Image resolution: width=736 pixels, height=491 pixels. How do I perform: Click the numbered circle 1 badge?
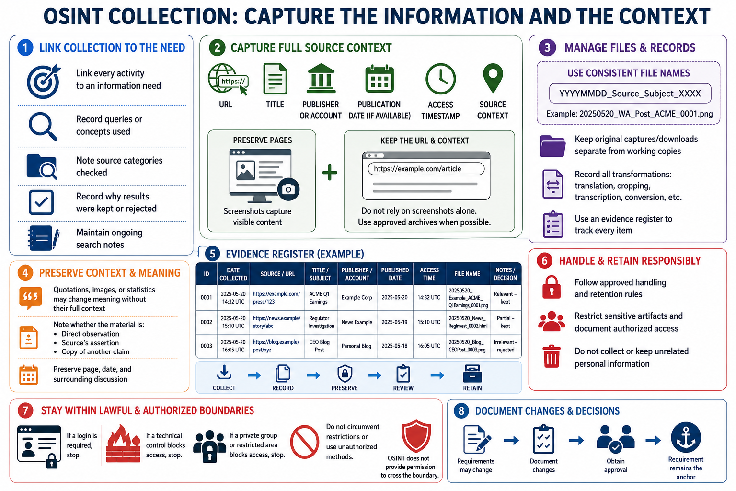coord(25,47)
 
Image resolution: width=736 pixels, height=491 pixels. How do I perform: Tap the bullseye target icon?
coord(44,81)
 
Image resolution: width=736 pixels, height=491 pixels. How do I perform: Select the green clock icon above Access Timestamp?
coord(440,79)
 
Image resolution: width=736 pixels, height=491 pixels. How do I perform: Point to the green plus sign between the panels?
coord(330,172)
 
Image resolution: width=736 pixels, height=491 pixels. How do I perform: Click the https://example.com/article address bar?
coord(426,169)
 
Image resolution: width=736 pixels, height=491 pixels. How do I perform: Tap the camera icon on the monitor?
coord(288,189)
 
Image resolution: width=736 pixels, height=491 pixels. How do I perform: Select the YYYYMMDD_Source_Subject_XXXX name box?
coord(630,94)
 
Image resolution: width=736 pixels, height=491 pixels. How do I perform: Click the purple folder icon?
coord(552,146)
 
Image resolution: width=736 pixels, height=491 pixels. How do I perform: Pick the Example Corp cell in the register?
coord(357,298)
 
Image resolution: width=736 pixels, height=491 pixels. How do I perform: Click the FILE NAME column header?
coord(467,274)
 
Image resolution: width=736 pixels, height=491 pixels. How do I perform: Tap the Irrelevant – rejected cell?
coord(506,346)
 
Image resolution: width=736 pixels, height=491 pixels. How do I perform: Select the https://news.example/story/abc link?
coord(276,322)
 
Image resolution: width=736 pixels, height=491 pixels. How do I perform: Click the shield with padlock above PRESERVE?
coord(345,373)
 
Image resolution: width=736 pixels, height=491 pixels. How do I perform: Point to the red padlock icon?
coord(552,287)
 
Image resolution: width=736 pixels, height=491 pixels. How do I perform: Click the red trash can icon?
coord(552,356)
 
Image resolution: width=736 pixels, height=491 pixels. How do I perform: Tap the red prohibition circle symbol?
coord(305,442)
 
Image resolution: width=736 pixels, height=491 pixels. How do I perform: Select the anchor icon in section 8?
coord(686,437)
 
